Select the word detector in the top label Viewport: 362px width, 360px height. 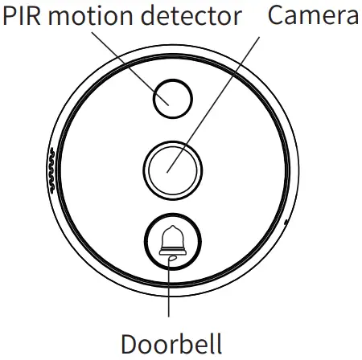(188, 15)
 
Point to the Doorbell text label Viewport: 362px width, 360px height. (171, 343)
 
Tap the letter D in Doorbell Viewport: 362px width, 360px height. (130, 343)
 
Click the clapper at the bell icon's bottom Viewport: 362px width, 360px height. (171, 258)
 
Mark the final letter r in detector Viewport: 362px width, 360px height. (237, 17)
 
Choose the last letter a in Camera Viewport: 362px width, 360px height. (351, 17)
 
